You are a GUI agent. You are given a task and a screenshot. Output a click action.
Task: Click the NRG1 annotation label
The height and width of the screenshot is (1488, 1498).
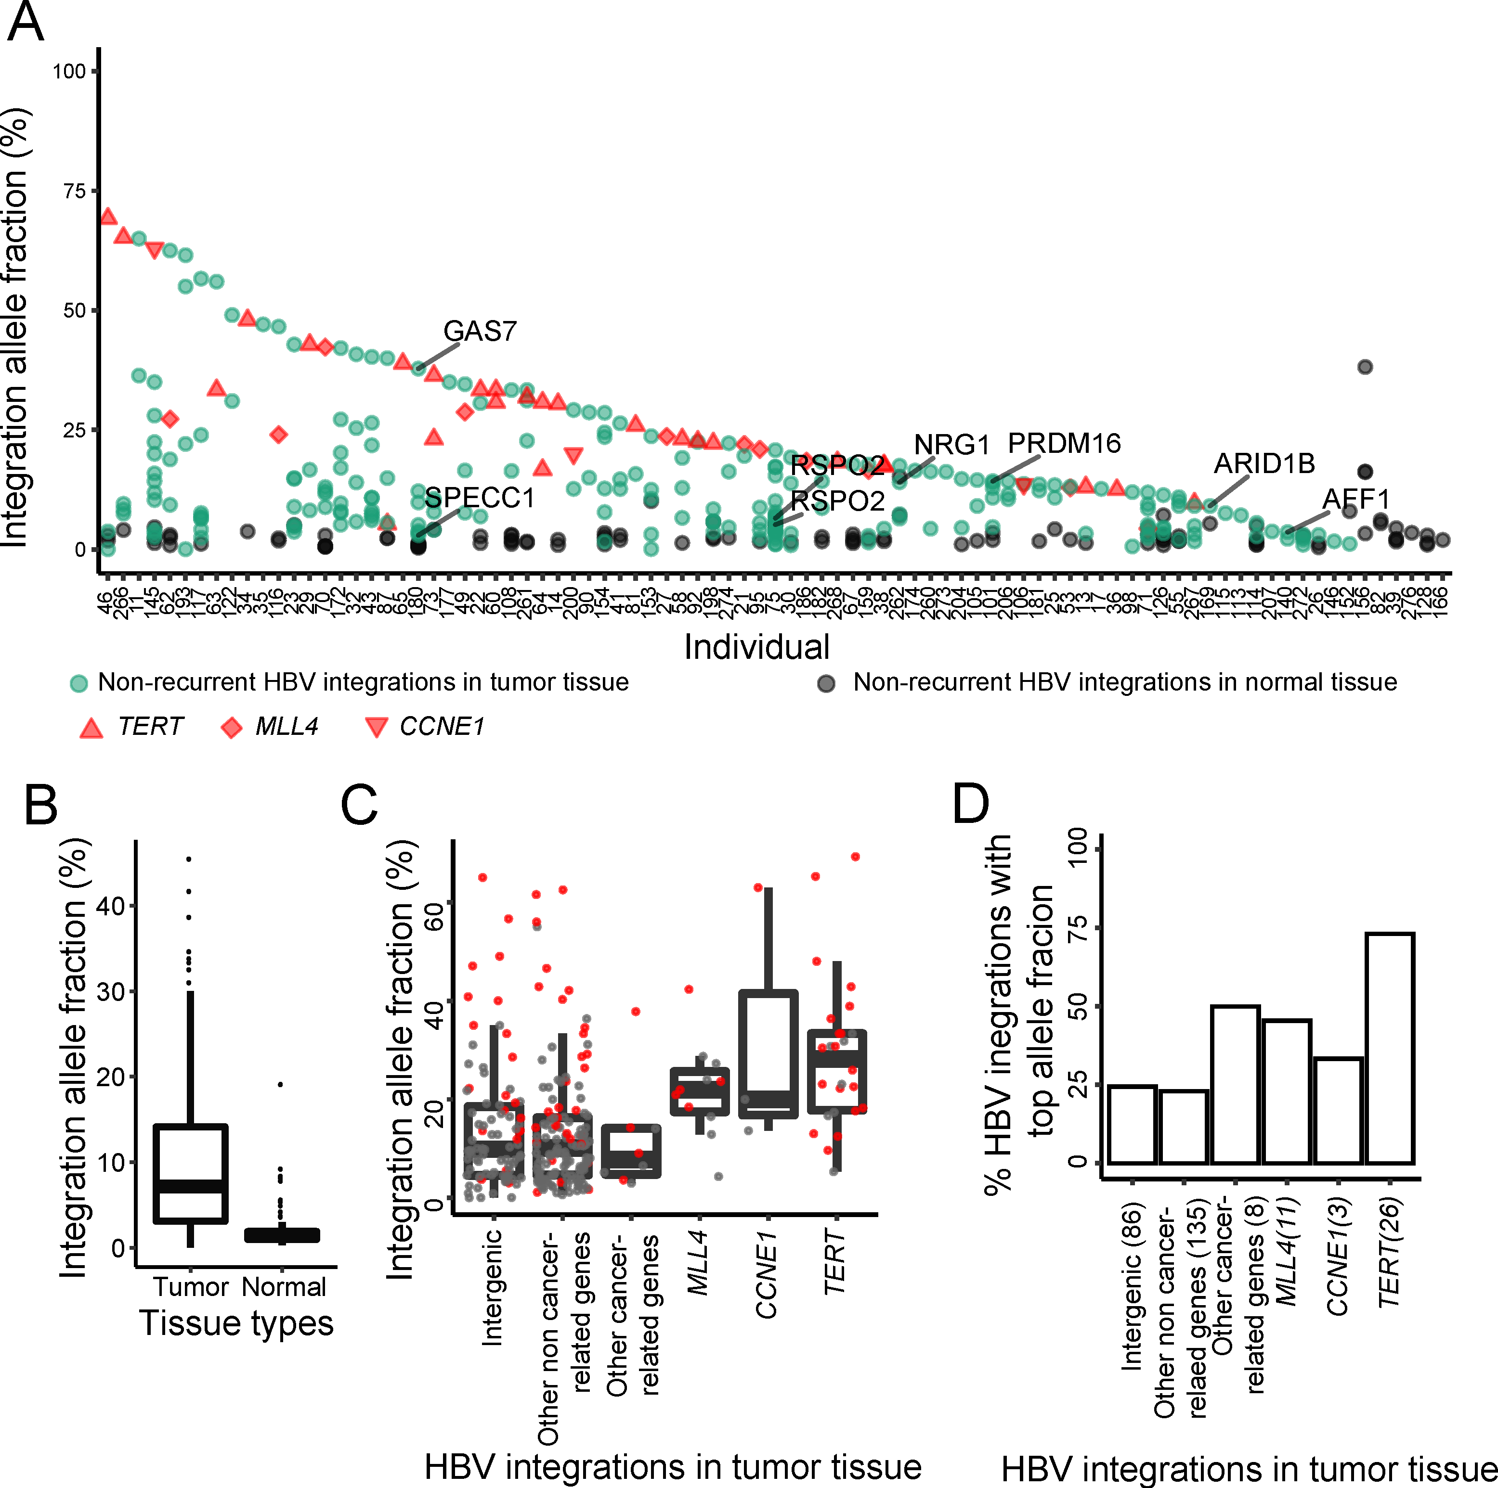[x=951, y=444]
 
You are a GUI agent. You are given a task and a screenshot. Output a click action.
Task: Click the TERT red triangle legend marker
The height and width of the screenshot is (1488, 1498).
[x=91, y=727]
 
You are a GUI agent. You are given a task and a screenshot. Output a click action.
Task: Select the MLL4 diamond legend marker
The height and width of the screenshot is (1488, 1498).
[x=231, y=727]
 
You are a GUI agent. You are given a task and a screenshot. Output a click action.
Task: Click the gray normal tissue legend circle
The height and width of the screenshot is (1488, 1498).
[x=827, y=683]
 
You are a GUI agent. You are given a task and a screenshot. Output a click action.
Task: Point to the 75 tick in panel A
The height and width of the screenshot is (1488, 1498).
[x=75, y=191]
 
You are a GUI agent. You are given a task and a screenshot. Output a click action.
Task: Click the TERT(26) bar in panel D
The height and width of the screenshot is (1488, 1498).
[x=1390, y=1047]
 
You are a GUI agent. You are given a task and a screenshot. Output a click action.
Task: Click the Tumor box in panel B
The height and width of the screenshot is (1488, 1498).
[x=191, y=1173]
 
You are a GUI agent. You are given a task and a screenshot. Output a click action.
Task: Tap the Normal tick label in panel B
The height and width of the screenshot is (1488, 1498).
[x=284, y=1286]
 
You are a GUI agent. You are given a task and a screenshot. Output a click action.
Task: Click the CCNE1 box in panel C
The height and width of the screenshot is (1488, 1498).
[x=768, y=1053]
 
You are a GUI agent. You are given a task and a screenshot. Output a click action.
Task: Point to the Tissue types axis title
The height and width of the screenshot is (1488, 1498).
[x=236, y=1322]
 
